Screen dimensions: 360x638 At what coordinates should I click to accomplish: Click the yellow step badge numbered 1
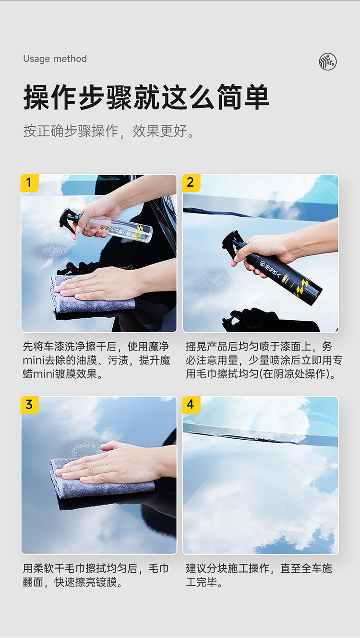click(x=29, y=183)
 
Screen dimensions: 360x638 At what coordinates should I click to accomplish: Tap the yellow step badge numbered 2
click(x=191, y=183)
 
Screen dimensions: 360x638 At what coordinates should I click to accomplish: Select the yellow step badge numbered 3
click(x=29, y=405)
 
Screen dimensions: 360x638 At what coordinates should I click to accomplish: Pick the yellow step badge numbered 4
click(x=191, y=405)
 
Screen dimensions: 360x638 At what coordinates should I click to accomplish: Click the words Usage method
click(x=55, y=59)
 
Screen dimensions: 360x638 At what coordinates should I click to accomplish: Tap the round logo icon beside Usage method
click(x=327, y=61)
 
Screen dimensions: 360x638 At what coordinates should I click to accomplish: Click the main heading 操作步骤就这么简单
click(x=146, y=97)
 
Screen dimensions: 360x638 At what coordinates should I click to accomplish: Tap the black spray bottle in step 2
click(x=272, y=268)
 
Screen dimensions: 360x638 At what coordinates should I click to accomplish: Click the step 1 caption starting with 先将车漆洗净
click(x=96, y=361)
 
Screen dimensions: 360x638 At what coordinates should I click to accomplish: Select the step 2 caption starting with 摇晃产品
click(x=264, y=361)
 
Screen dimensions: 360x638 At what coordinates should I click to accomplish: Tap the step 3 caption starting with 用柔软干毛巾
click(x=96, y=575)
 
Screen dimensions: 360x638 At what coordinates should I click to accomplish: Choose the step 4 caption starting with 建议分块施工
click(x=259, y=575)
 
